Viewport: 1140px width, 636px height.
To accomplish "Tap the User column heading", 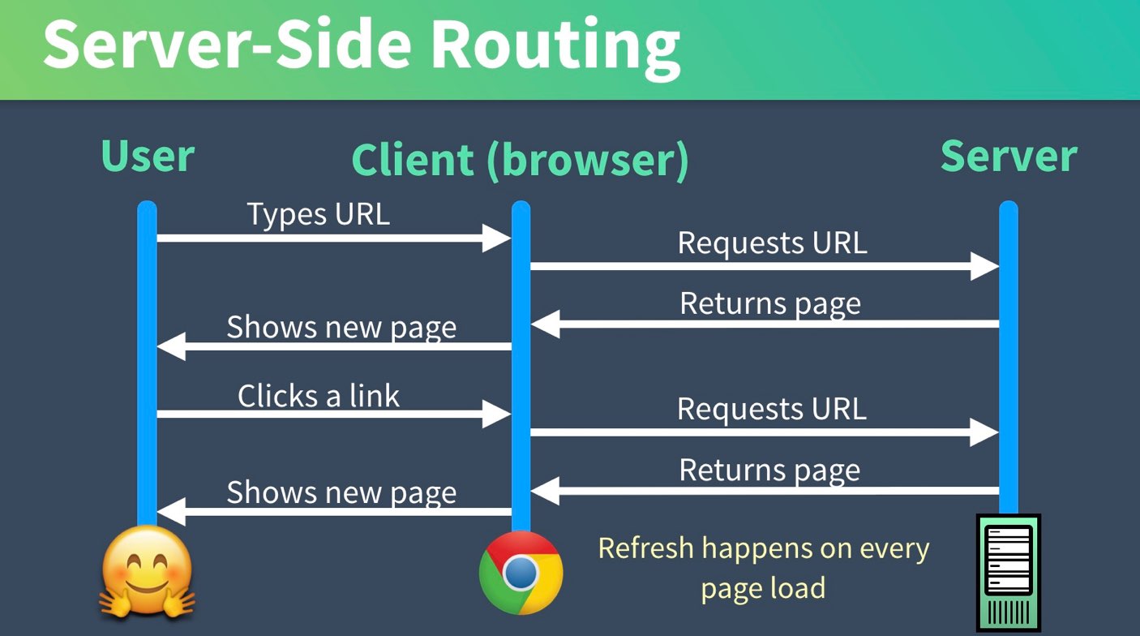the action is point(148,156).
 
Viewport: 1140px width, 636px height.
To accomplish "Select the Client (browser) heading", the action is point(520,160).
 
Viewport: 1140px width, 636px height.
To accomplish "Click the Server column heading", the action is point(1009,156).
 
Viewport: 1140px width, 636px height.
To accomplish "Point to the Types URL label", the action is point(318,214).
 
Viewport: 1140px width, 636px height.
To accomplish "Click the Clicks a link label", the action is point(319,396).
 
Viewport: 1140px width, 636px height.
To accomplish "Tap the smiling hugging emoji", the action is point(148,571).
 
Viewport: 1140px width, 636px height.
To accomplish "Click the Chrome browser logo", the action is point(521,573).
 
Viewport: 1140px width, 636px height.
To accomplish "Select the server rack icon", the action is point(1008,571).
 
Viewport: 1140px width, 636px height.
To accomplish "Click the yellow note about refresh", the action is point(763,567).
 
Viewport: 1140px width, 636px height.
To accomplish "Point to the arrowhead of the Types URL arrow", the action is point(496,238).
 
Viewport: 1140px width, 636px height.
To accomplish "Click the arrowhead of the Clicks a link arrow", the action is point(496,414).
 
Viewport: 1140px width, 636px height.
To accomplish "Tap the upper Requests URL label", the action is point(772,243).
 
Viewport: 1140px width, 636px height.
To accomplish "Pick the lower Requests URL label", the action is point(772,408).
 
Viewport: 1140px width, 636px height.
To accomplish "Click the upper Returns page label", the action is point(770,303).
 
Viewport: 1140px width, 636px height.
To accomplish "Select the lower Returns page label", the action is point(770,470).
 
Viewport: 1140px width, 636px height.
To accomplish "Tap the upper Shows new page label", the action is point(341,327).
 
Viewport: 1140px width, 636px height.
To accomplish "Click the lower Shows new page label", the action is point(341,492).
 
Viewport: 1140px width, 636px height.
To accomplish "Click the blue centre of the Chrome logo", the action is point(521,573).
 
